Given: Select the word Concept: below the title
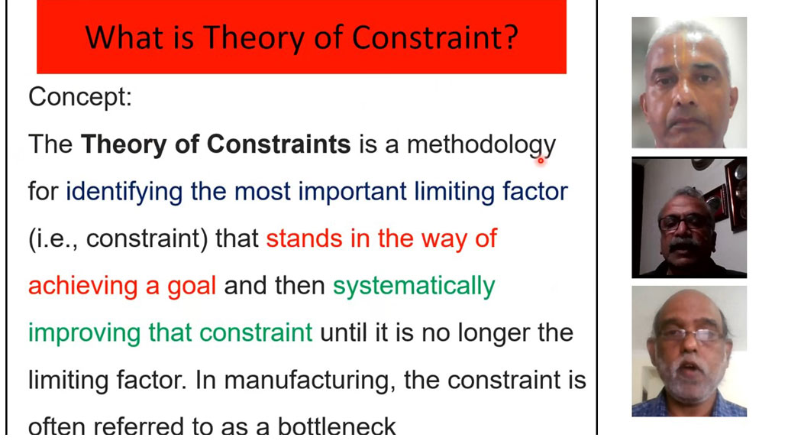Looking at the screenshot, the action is (80, 96).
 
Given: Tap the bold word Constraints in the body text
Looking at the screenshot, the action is (279, 144).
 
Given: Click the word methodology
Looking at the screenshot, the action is (482, 144).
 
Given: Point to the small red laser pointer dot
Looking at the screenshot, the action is (541, 161).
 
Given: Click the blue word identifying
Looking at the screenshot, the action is (124, 192).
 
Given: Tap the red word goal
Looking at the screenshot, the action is (192, 286).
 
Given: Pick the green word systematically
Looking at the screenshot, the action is (414, 286).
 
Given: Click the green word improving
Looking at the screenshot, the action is (84, 333).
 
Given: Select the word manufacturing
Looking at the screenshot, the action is (306, 381).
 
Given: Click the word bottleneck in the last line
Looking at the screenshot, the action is (337, 426).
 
